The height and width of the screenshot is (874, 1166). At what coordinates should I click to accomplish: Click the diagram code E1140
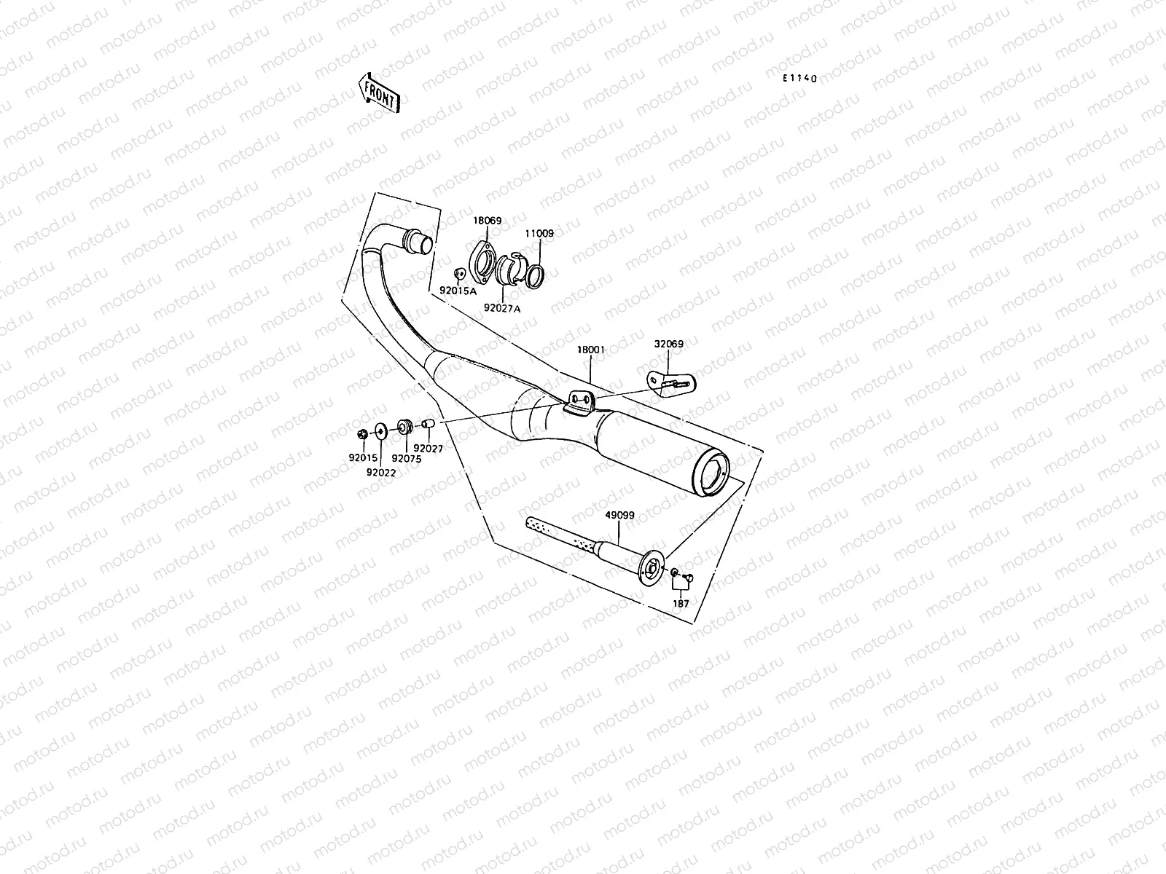point(799,78)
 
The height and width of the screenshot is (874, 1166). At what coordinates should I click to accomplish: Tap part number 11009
point(539,234)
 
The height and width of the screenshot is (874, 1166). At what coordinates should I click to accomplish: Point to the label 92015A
point(457,291)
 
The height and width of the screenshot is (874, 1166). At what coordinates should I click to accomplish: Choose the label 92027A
point(502,308)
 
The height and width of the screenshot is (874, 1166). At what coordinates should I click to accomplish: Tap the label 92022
point(381,472)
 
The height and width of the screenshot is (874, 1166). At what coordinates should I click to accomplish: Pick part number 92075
point(406,459)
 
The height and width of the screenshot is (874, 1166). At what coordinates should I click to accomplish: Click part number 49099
point(619,515)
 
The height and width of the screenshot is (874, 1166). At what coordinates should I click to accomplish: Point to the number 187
point(681,603)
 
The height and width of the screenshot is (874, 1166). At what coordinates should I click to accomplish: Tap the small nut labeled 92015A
point(458,273)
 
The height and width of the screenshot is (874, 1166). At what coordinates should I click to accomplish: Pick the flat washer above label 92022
point(380,431)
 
